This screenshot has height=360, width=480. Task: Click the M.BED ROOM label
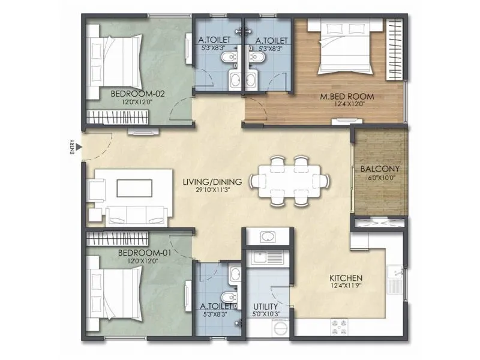tap(354, 96)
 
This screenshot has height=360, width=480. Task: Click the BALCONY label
tap(380, 169)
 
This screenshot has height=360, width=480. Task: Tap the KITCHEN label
tap(346, 278)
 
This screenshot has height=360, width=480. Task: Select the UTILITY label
tap(265, 305)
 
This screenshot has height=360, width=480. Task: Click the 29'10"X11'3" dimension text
tap(212, 190)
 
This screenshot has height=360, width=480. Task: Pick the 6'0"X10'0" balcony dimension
tap(380, 178)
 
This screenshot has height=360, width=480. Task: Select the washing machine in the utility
tap(280, 328)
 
